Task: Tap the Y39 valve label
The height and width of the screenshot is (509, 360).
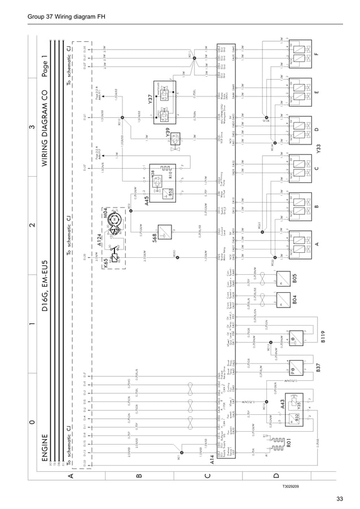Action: pos(168,135)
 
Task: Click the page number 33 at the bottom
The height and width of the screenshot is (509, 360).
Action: pos(339,497)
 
